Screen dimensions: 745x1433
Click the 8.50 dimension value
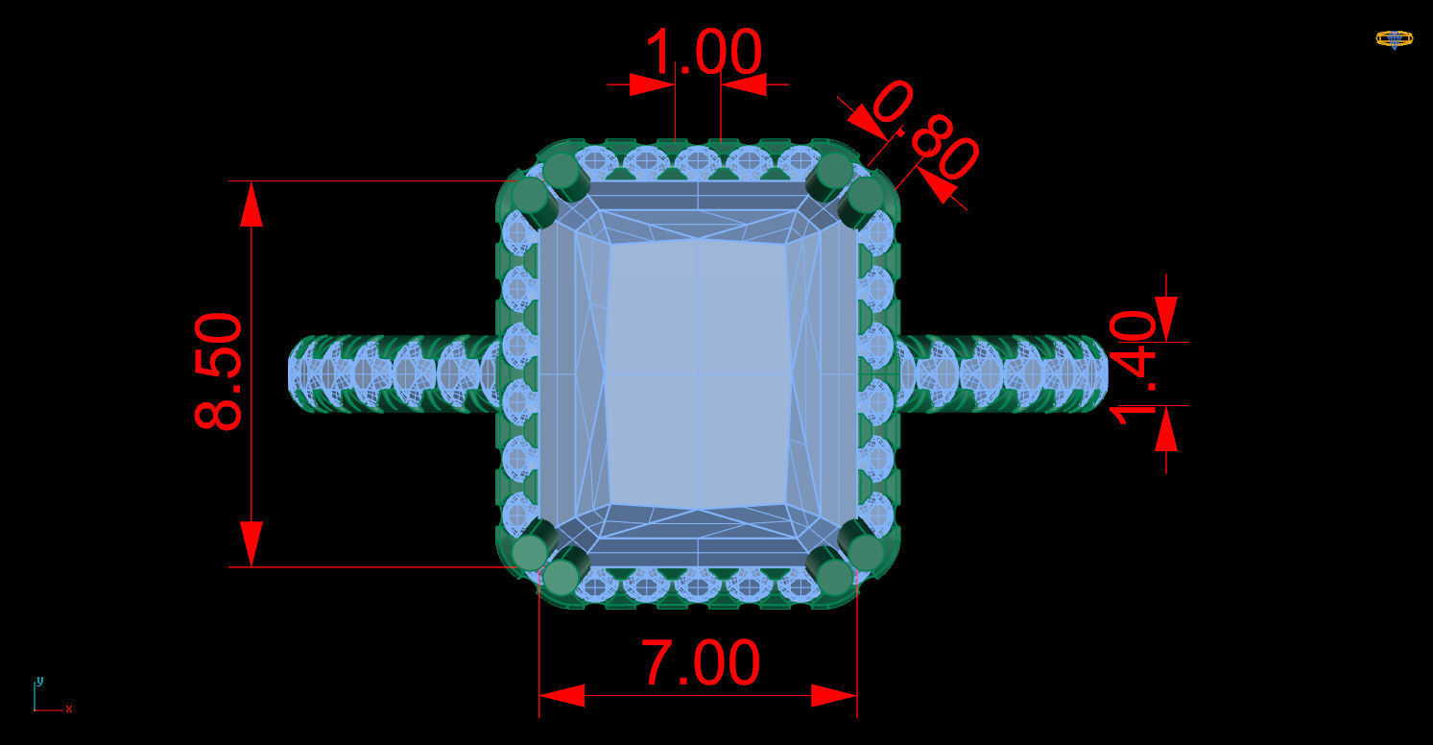[x=220, y=372]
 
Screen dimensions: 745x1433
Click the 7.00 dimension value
[x=701, y=663]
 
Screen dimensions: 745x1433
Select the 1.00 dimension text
[x=705, y=52]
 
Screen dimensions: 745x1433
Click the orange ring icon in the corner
[x=1394, y=39]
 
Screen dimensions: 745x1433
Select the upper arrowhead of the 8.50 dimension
[x=251, y=204]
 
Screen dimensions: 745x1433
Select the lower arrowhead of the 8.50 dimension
[x=251, y=543]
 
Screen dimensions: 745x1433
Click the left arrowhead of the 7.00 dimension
[x=561, y=695]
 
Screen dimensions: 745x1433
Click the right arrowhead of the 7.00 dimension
[x=834, y=695]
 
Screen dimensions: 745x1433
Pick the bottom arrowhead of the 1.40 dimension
[x=1166, y=429]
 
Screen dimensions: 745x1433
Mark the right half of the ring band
[x=1003, y=373]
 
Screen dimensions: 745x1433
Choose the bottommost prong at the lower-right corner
[x=834, y=576]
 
